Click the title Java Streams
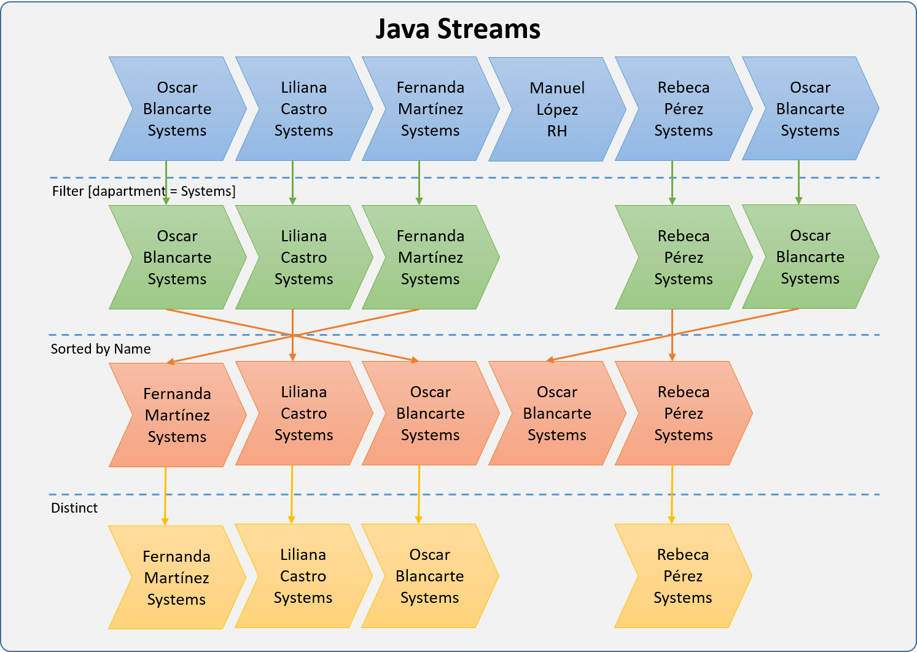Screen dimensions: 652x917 (x=458, y=29)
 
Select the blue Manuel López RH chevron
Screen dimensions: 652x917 (x=556, y=109)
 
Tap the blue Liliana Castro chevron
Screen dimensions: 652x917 (x=303, y=109)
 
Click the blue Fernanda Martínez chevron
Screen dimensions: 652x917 (x=430, y=109)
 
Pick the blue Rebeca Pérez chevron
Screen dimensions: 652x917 (x=683, y=109)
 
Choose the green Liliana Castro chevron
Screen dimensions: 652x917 (x=303, y=257)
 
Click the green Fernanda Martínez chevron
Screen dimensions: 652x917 (x=430, y=257)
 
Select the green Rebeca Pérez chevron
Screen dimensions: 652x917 (x=683, y=257)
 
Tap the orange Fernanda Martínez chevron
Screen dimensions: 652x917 (x=177, y=415)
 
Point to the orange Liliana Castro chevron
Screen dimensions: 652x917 (x=303, y=413)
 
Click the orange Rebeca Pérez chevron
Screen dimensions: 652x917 (x=683, y=413)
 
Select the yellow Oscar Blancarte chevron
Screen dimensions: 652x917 (x=429, y=576)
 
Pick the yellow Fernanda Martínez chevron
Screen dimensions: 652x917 (x=176, y=578)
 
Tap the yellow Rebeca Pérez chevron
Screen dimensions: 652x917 (x=682, y=576)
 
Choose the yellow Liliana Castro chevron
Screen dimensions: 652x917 (x=303, y=576)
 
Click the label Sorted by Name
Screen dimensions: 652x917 (x=101, y=349)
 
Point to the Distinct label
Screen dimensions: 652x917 (x=74, y=508)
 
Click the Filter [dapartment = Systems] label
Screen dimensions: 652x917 (x=144, y=191)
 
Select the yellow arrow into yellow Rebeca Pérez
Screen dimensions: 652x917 (x=672, y=494)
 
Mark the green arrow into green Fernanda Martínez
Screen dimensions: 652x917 (x=419, y=182)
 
